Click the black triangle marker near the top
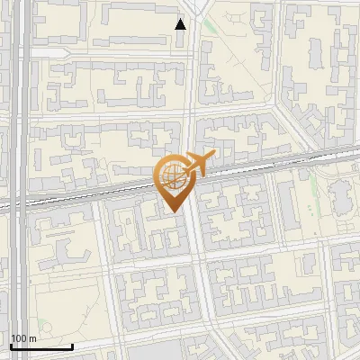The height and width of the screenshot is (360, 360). pyautogui.click(x=181, y=24)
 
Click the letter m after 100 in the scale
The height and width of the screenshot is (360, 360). pyautogui.click(x=33, y=338)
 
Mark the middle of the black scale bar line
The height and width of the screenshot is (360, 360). pyautogui.click(x=41, y=346)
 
